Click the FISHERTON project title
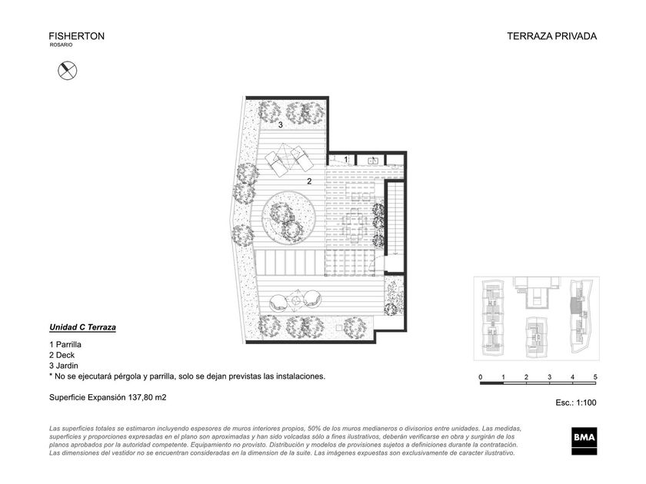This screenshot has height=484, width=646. [x=77, y=36]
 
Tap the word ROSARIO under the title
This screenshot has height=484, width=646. [x=61, y=45]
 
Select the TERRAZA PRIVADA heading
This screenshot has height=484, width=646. [x=551, y=36]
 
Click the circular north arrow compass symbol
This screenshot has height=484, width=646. [x=68, y=71]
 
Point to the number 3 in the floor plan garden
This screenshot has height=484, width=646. [x=281, y=124]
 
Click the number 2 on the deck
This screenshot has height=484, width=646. [x=309, y=181]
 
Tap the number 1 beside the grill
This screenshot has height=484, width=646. [x=346, y=159]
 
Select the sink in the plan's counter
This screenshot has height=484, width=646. [x=373, y=161]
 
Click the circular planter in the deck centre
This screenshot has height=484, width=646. [x=289, y=217]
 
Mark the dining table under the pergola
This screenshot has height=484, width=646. [x=354, y=225]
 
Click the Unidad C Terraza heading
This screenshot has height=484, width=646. [x=82, y=327]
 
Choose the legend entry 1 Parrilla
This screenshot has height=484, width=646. [x=65, y=344]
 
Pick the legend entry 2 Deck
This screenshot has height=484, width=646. [x=62, y=355]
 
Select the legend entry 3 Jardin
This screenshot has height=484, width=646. [x=63, y=366]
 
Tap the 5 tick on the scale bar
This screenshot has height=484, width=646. [x=595, y=377]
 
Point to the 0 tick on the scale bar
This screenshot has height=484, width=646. [x=481, y=377]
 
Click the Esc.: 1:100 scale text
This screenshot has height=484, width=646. [x=576, y=403]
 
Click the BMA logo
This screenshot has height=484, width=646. [x=584, y=441]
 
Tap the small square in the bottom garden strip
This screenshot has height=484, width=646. [x=339, y=327]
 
